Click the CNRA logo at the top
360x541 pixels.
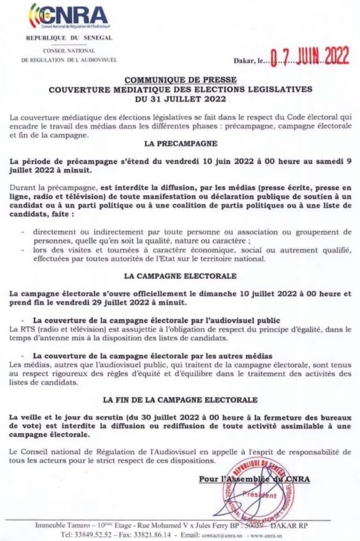(x=69, y=17)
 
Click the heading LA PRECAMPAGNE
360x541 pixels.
(x=180, y=143)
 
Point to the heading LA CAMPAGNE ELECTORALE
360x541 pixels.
(x=180, y=276)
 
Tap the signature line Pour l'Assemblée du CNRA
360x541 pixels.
(x=254, y=479)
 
